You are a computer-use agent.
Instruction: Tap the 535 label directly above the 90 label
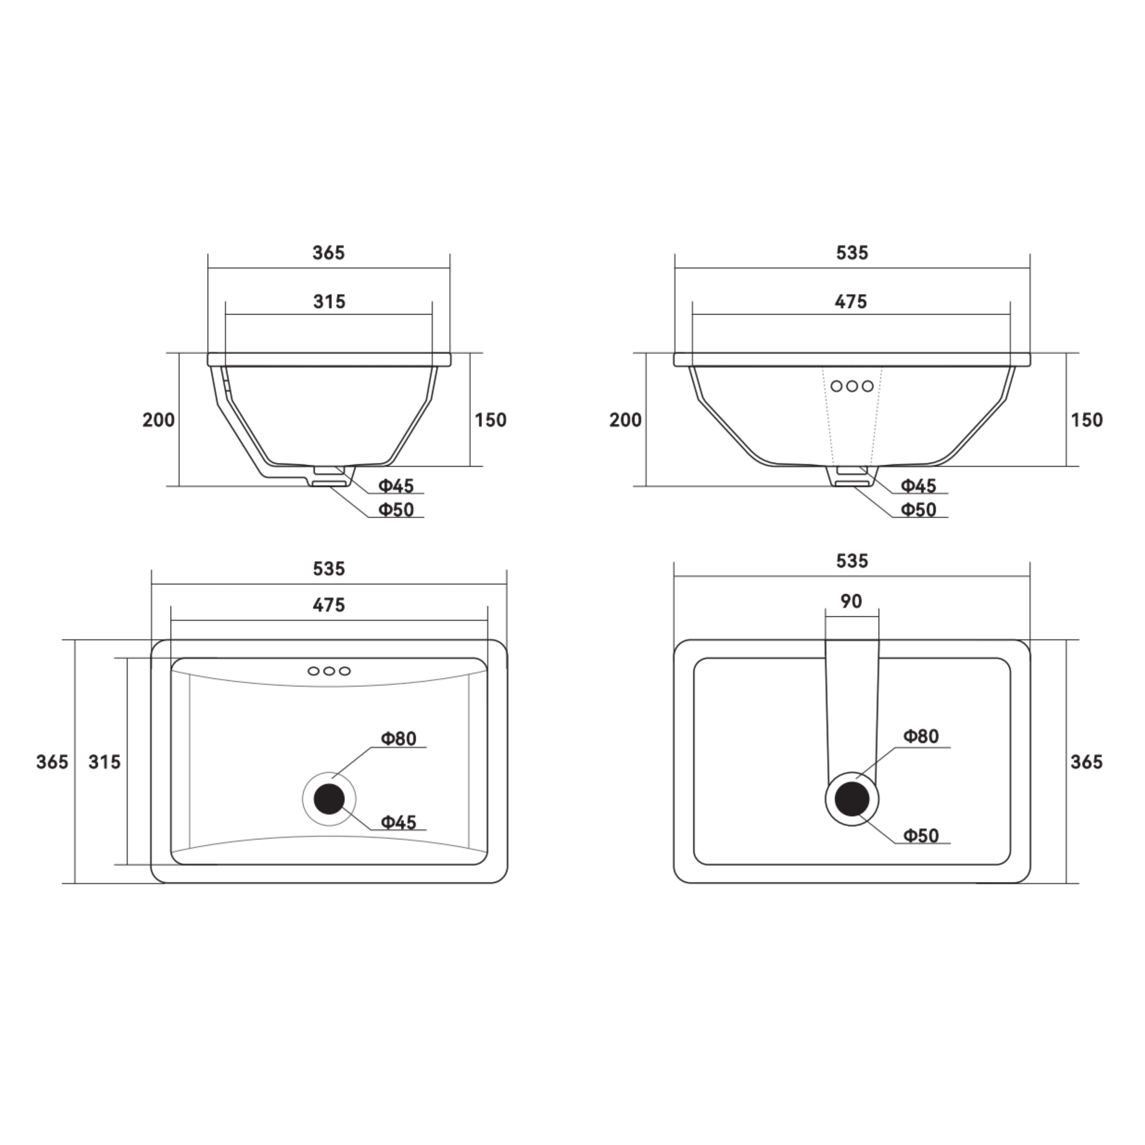point(852,561)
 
